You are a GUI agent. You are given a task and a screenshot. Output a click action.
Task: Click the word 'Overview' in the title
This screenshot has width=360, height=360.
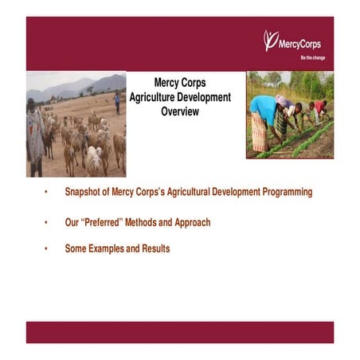[x=179, y=112]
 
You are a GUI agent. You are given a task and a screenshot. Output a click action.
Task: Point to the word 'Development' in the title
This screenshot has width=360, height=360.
[x=207, y=97]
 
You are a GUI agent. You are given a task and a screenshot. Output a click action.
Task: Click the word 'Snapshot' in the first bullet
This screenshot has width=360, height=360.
[x=84, y=193]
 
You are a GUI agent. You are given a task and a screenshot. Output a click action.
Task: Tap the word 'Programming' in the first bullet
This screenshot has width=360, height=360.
[x=284, y=193]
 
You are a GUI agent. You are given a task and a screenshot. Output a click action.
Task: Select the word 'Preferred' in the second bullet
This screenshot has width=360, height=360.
[x=104, y=223]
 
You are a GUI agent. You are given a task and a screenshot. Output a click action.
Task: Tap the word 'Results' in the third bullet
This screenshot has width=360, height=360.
[x=155, y=248]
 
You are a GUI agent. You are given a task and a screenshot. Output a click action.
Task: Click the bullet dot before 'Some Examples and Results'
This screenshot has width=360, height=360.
[x=46, y=249]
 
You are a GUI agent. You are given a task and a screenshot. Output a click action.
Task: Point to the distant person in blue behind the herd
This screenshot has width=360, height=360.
[x=117, y=100]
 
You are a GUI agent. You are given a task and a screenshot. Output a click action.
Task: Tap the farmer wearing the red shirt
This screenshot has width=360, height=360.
[x=319, y=107]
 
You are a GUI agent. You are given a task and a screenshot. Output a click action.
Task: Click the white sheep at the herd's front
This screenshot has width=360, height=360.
[x=95, y=159]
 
